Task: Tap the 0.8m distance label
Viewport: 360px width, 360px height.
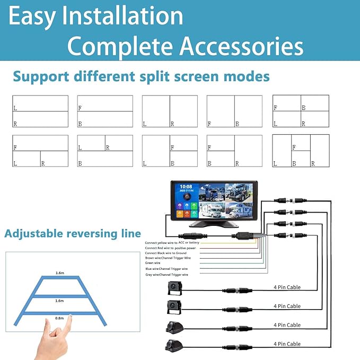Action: pyautogui.click(x=59, y=318)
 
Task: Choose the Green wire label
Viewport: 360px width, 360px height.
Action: pyautogui.click(x=154, y=263)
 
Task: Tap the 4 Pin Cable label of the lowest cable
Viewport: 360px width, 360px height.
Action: pyautogui.click(x=287, y=344)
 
